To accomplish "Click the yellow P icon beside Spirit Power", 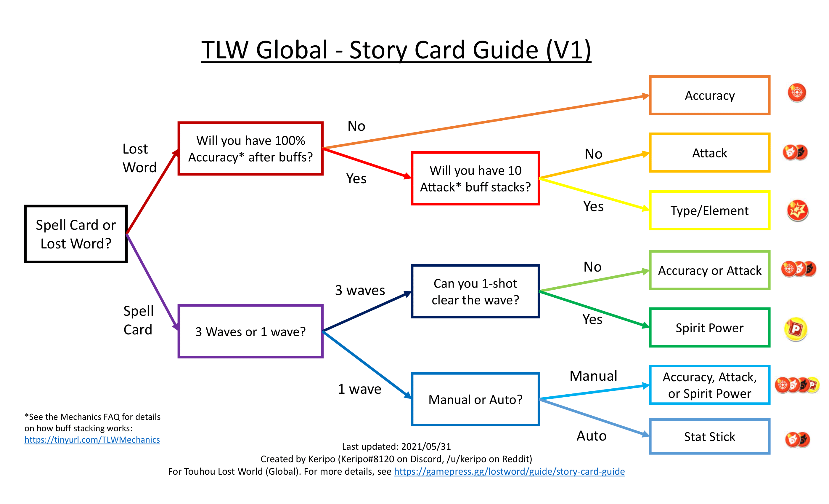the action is (796, 329).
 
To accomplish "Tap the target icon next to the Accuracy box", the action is (797, 92).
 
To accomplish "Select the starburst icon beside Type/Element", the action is (797, 210).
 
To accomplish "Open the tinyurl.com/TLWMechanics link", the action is (92, 440).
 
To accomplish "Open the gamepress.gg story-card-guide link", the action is (509, 471).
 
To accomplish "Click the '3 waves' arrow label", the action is (360, 290).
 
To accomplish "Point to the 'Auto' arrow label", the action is (592, 436).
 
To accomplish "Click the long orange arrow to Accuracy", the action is (486, 122).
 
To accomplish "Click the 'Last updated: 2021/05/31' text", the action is (396, 446).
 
